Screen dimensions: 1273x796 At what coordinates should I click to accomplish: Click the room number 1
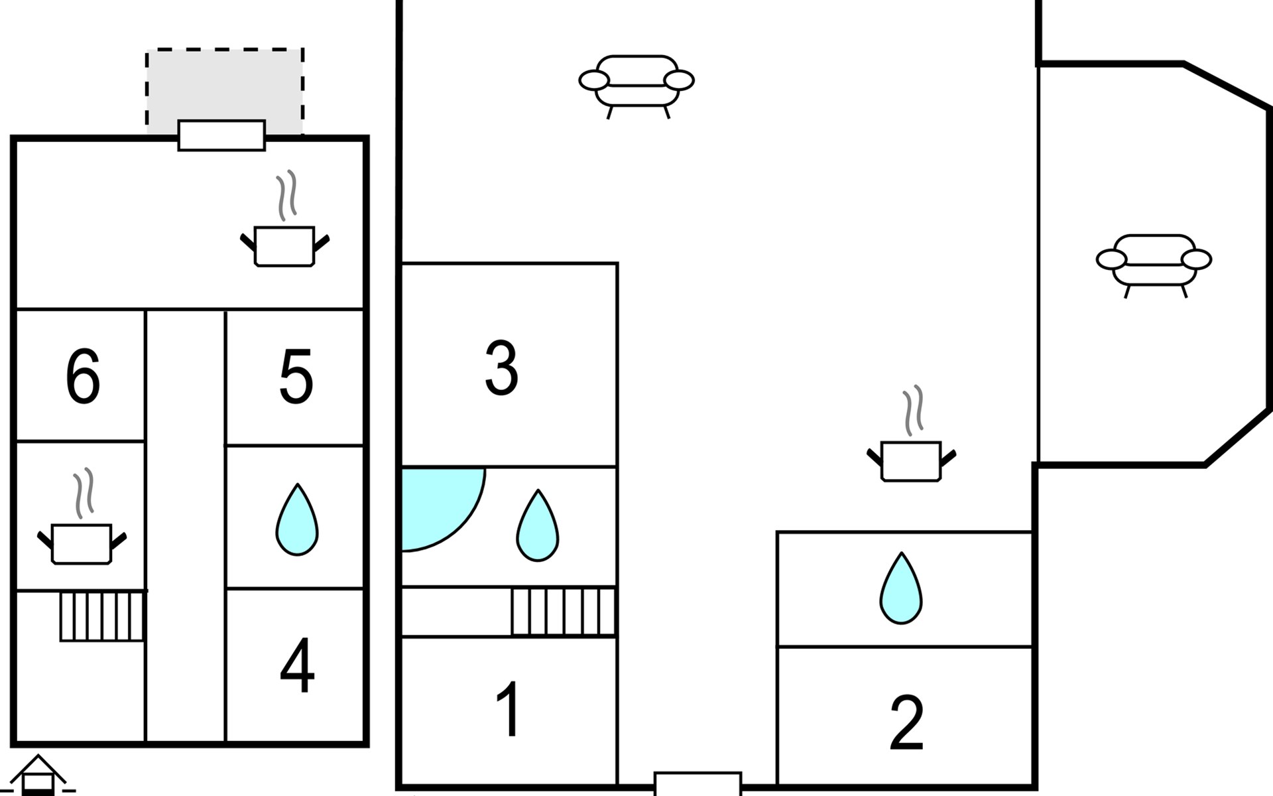[509, 709]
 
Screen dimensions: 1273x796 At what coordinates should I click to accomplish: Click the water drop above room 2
[900, 588]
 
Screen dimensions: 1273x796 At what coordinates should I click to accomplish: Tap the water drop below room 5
[297, 519]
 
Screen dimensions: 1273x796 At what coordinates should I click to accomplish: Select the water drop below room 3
[538, 525]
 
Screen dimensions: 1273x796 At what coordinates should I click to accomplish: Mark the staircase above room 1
[563, 611]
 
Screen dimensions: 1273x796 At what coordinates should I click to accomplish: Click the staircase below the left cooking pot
[102, 616]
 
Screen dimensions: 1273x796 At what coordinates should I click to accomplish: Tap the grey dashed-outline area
[225, 91]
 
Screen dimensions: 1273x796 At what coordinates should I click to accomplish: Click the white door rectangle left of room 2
[697, 783]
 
